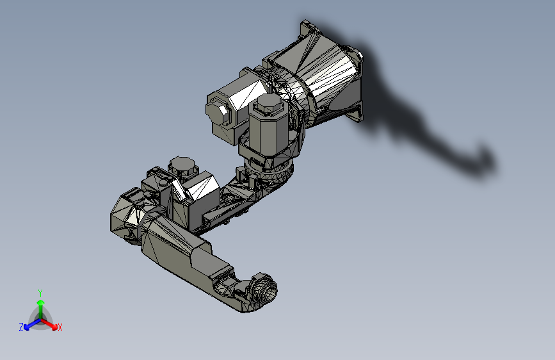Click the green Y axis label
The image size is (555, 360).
pos(40,292)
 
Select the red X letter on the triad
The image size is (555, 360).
pos(60,328)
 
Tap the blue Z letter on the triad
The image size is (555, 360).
pos(21,327)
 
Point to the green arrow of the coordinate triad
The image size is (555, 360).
pos(40,304)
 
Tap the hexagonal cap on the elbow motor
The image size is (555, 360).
pos(182,165)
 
